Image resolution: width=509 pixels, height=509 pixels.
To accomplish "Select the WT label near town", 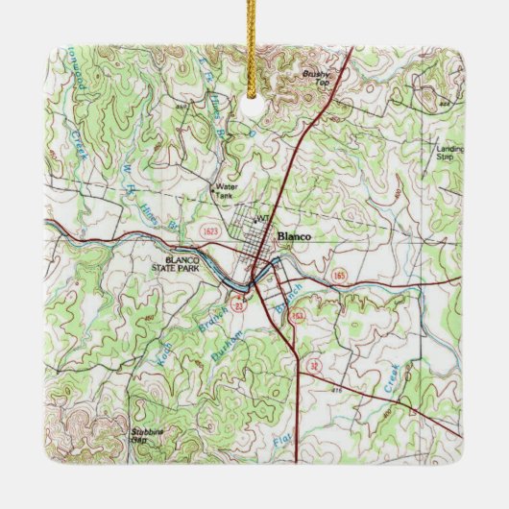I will pos(258,219).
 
